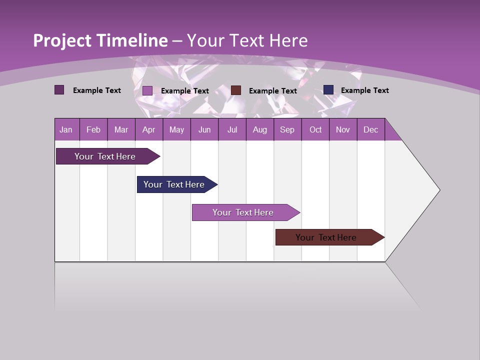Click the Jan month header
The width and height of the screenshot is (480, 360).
click(66, 129)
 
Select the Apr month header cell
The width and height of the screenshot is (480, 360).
click(149, 129)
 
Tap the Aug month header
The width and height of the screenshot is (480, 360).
click(260, 129)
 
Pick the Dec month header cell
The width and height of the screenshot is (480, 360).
click(371, 129)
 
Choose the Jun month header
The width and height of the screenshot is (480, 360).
click(204, 129)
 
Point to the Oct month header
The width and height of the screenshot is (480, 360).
click(315, 129)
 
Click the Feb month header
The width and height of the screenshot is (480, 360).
click(93, 129)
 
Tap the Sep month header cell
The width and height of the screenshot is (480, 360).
click(287, 129)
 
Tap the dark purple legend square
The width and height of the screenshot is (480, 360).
click(59, 90)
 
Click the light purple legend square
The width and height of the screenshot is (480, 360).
click(147, 90)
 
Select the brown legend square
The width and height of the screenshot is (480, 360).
click(236, 90)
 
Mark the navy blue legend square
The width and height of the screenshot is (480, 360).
click(328, 89)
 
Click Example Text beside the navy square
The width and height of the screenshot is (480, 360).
click(364, 90)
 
